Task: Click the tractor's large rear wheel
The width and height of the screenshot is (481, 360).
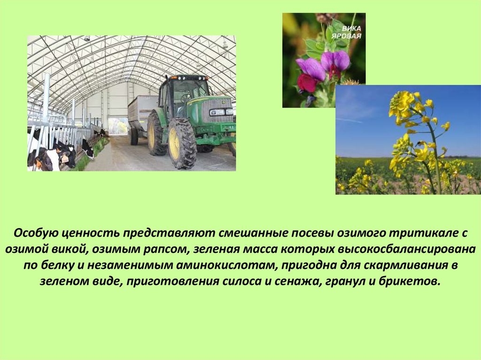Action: [182, 143]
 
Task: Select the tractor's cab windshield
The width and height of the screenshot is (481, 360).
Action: [190, 91]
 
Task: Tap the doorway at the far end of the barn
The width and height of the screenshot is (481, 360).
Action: [118, 126]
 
